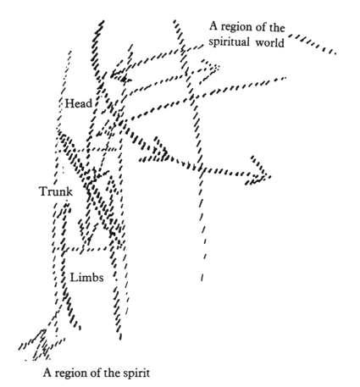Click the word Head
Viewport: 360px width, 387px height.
click(x=79, y=103)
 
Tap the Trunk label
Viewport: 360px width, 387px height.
click(x=56, y=191)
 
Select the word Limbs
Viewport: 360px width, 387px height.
click(x=86, y=278)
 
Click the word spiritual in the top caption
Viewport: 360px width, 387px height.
click(x=229, y=42)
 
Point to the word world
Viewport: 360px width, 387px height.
click(x=270, y=43)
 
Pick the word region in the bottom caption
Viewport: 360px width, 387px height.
click(x=70, y=373)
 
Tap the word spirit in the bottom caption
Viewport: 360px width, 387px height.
click(x=136, y=373)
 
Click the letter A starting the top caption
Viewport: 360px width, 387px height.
click(x=213, y=26)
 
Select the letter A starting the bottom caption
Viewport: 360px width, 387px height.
click(x=47, y=373)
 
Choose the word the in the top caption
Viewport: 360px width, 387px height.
click(x=277, y=27)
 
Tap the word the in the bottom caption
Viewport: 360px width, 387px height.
click(x=112, y=373)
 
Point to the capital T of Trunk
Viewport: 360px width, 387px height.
click(x=44, y=191)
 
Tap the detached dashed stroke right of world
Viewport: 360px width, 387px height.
click(x=313, y=44)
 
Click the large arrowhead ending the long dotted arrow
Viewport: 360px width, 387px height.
click(x=258, y=171)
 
